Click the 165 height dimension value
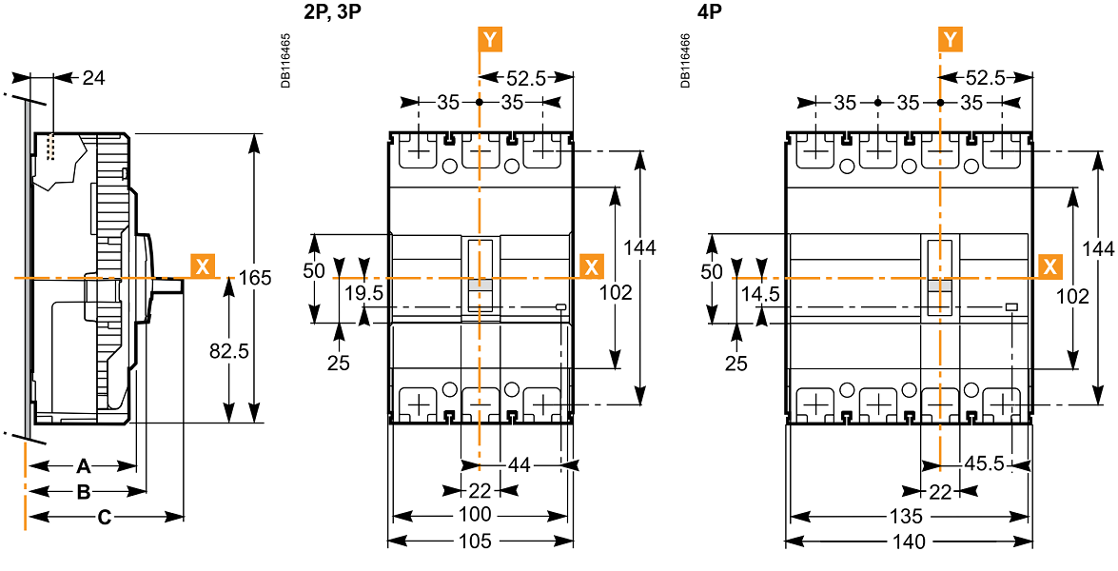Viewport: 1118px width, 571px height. (255, 278)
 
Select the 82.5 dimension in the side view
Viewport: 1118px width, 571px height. (228, 350)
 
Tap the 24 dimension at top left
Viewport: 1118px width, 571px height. (93, 77)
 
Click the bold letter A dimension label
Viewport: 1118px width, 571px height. (83, 466)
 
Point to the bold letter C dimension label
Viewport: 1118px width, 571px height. (105, 517)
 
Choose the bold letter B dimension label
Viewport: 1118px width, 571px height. (84, 492)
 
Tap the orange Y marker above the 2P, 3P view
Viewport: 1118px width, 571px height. (489, 39)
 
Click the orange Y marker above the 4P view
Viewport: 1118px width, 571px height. (950, 39)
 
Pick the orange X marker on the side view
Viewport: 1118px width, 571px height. (203, 266)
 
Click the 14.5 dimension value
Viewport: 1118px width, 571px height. (760, 294)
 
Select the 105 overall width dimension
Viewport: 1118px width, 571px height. (476, 541)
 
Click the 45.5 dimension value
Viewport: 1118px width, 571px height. (984, 465)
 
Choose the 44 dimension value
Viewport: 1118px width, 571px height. (520, 465)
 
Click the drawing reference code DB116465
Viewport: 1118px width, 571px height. (286, 61)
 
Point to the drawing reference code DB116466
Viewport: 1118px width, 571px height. (686, 61)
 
